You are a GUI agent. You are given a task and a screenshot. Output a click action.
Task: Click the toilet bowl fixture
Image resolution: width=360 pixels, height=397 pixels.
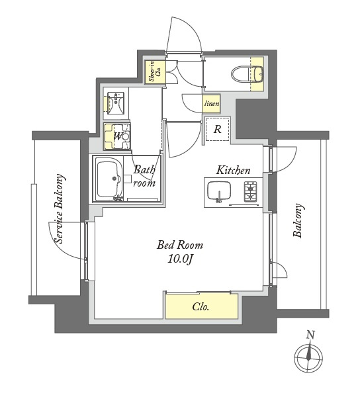click(247, 74)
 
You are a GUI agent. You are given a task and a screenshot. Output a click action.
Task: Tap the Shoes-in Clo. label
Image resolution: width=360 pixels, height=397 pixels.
click(156, 72)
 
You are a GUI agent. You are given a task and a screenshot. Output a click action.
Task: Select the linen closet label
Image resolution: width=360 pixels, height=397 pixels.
click(212, 104)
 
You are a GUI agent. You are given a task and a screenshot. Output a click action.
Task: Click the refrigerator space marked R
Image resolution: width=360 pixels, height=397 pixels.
click(218, 130)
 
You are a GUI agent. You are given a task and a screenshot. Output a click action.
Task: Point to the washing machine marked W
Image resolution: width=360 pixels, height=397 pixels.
click(117, 136)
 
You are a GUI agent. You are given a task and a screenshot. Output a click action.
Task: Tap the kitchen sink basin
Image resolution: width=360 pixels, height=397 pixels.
click(219, 191)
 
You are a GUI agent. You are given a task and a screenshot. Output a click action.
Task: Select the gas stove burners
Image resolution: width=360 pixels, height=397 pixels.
click(250, 192)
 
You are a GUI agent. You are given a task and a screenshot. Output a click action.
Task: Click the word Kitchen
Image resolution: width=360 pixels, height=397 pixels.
click(233, 170)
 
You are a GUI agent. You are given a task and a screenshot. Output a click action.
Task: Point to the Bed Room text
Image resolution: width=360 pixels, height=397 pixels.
click(180, 245)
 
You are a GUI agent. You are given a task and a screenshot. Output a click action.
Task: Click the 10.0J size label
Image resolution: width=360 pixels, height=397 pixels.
click(180, 259)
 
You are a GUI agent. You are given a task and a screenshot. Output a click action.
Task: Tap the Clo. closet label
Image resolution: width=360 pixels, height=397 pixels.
click(201, 307)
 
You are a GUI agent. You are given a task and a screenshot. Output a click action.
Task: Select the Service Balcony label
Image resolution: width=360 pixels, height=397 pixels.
click(60, 208)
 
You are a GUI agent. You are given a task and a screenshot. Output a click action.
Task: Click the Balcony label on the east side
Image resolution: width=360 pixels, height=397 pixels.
click(298, 220)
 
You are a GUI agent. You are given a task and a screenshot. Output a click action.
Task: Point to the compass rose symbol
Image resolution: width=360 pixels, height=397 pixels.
click(308, 358)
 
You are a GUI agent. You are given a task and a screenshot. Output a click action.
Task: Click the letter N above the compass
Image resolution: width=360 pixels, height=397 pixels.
click(310, 335)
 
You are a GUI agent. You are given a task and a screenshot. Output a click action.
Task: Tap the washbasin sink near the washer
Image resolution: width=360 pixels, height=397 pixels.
click(115, 103)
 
